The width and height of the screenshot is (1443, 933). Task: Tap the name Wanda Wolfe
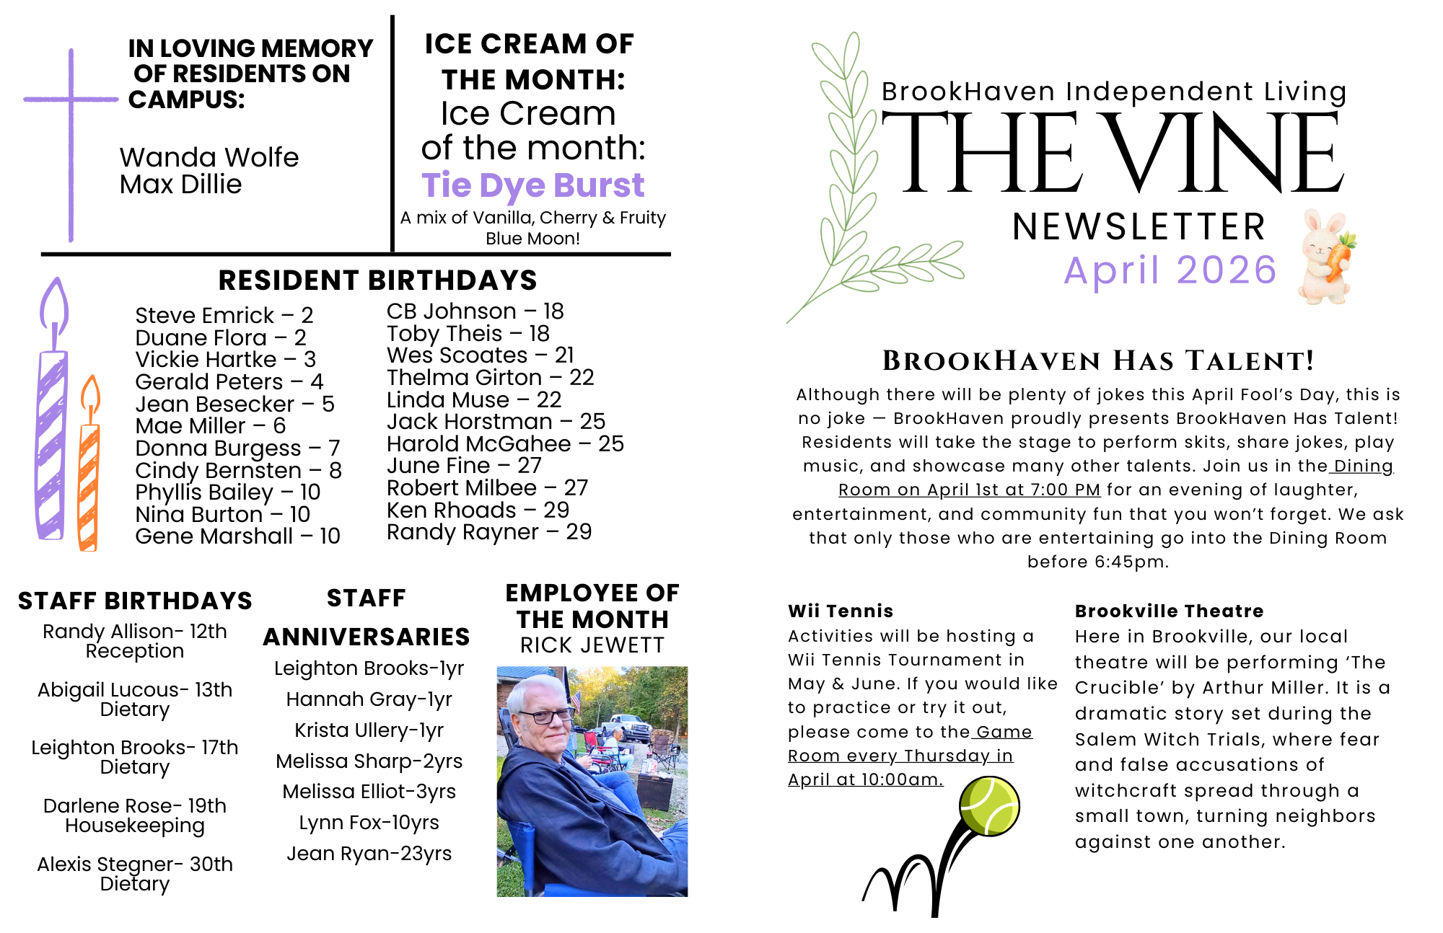point(209,157)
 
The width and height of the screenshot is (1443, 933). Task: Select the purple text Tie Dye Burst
point(532,185)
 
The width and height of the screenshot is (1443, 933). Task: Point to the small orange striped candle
point(89,476)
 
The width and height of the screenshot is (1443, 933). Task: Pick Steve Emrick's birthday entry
point(224,315)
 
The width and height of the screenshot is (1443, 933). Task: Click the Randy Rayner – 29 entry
point(489,532)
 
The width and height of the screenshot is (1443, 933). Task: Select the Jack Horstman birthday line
point(496,421)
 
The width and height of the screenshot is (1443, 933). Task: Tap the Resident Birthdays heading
point(377,280)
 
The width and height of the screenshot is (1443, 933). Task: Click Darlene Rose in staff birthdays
point(135,806)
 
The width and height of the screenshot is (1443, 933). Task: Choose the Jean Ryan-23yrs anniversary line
point(369,854)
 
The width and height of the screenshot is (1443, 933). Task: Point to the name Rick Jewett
point(592,645)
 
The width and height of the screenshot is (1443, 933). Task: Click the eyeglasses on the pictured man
point(546,716)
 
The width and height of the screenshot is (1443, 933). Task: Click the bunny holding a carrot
point(1327,256)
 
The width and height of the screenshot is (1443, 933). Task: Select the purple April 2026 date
point(1170,270)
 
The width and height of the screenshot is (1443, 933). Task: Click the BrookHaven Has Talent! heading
point(1097,361)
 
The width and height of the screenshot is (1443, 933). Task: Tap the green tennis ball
point(989,805)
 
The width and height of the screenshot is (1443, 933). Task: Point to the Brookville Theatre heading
point(1169,611)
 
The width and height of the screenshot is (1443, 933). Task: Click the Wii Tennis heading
point(841,611)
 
